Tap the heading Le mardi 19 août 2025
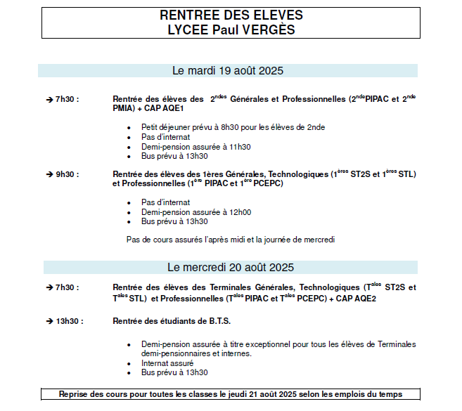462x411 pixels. [228, 71]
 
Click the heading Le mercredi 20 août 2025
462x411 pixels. [230, 268]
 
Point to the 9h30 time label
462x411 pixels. [67, 174]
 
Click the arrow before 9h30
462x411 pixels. [49, 174]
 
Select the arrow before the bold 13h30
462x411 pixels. [49, 321]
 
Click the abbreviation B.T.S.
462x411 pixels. [216, 321]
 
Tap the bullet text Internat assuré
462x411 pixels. [166, 363]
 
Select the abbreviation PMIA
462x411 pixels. [123, 109]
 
